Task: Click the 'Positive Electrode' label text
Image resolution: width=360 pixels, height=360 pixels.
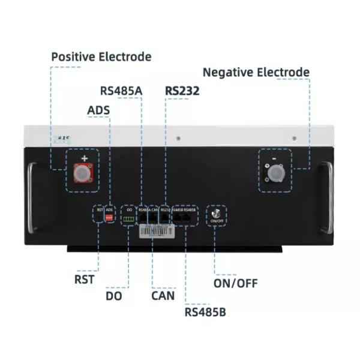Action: click(x=101, y=57)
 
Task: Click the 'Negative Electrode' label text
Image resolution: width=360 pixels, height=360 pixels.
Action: click(x=256, y=73)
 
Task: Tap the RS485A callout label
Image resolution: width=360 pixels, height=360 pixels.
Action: click(x=121, y=91)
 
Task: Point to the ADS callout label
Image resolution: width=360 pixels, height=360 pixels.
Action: click(x=98, y=110)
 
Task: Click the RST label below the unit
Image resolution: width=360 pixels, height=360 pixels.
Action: click(x=84, y=279)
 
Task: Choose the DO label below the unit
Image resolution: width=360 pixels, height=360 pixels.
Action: click(x=114, y=295)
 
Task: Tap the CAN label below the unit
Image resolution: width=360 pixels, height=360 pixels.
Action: click(x=163, y=295)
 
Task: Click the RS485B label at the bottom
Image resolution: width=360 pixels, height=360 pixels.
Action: click(x=205, y=312)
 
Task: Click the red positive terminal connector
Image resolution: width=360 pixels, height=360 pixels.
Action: click(x=83, y=174)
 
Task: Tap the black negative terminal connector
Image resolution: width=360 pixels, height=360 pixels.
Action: click(x=275, y=173)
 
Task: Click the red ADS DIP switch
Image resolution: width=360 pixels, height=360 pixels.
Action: click(x=109, y=218)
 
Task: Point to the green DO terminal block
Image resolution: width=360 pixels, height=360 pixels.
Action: click(x=129, y=219)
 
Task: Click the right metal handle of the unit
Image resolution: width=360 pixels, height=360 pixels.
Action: click(x=326, y=198)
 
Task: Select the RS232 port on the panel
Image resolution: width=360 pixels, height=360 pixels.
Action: click(x=166, y=219)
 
